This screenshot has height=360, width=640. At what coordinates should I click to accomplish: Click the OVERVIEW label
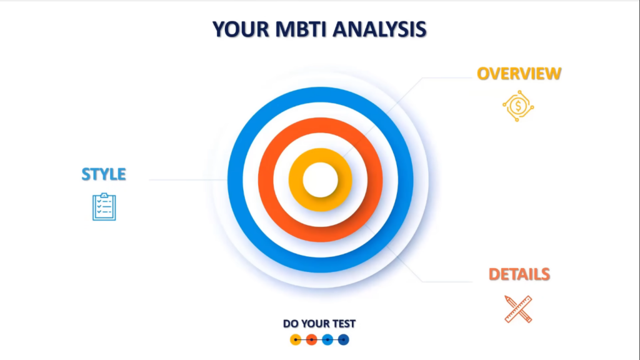[519, 74]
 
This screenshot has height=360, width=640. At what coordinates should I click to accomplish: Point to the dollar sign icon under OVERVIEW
[518, 106]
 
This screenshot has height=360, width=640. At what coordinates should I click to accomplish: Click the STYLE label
[104, 174]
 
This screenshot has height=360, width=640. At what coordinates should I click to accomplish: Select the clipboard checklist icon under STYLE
[104, 207]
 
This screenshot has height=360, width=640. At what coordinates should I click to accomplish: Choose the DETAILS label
[519, 274]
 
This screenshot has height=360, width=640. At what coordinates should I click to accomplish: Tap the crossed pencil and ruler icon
[518, 309]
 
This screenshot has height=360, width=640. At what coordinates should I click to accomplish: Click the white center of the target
[321, 180]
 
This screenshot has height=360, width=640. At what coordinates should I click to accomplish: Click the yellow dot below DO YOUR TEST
[296, 339]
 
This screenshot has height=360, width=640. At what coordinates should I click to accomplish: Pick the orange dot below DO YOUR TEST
[311, 339]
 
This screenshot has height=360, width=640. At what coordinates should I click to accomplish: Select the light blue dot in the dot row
[327, 339]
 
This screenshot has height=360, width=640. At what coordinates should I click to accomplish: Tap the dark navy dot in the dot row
[343, 339]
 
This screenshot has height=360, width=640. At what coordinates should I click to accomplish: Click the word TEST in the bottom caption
[344, 324]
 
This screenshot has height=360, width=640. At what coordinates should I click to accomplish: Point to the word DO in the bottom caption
[290, 324]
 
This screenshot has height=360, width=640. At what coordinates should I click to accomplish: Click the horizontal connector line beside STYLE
[188, 179]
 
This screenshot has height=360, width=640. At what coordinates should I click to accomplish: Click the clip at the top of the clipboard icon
[104, 195]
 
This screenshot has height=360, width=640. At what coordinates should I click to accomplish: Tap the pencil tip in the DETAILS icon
[506, 297]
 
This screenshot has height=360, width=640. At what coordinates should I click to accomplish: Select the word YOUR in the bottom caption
[315, 324]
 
